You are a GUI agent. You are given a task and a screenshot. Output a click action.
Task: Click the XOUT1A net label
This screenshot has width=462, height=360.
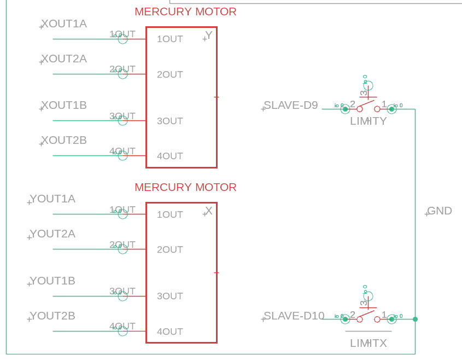pyautogui.click(x=64, y=24)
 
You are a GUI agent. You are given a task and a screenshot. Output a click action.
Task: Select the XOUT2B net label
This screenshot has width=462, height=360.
pyautogui.click(x=64, y=141)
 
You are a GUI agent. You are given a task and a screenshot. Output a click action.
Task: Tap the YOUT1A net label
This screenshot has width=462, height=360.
pyautogui.click(x=52, y=199)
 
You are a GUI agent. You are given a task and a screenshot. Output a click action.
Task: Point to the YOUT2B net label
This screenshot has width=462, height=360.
pyautogui.click(x=52, y=316)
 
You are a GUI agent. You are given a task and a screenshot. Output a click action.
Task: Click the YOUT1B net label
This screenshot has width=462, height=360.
pyautogui.click(x=52, y=281)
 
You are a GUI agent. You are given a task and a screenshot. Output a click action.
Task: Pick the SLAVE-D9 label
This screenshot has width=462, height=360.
pyautogui.click(x=291, y=106)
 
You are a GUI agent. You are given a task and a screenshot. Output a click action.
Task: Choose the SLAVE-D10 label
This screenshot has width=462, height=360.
pyautogui.click(x=294, y=316)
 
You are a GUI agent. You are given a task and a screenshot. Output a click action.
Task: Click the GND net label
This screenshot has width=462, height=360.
pyautogui.click(x=440, y=211)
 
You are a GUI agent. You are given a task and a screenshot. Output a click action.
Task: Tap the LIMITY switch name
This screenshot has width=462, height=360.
pyautogui.click(x=369, y=121)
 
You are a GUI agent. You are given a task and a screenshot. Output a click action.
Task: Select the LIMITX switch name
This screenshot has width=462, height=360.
pyautogui.click(x=369, y=344)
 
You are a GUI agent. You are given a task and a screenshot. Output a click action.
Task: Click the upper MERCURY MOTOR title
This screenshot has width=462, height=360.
pyautogui.click(x=185, y=12)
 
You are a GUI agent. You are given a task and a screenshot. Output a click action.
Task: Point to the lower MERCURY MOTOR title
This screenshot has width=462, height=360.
pyautogui.click(x=185, y=188)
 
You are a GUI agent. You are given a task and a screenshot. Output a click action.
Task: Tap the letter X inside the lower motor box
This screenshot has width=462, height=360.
pyautogui.click(x=209, y=211)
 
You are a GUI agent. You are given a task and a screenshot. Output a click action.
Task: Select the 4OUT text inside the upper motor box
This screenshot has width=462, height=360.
pyautogui.click(x=170, y=156)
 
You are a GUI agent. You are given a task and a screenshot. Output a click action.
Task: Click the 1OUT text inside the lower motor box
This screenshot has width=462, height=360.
pyautogui.click(x=170, y=215)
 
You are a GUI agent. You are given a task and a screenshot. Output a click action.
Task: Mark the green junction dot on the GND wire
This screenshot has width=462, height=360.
pyautogui.click(x=415, y=320)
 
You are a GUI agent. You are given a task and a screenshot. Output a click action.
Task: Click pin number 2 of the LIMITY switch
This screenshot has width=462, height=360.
pyautogui.click(x=353, y=104)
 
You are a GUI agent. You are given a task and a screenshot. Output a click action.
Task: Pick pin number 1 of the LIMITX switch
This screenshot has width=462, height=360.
pyautogui.click(x=384, y=315)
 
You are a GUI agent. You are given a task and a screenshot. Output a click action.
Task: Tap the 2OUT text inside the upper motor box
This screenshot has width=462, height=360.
pyautogui.click(x=170, y=75)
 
